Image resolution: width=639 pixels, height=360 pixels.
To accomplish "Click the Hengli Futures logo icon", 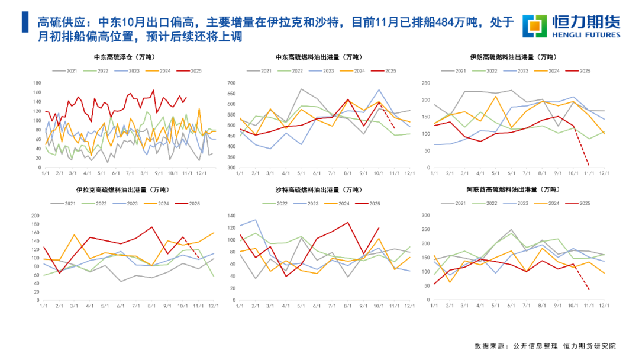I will (x=534, y=25).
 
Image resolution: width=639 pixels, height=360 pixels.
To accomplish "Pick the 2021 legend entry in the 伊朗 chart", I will (x=456, y=71).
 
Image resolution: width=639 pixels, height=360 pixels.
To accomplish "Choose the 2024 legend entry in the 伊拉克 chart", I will (x=165, y=203).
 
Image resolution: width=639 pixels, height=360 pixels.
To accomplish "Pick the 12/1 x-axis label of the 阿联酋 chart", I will (x=603, y=306).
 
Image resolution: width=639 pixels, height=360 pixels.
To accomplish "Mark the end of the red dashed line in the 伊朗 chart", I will (x=588, y=165).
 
